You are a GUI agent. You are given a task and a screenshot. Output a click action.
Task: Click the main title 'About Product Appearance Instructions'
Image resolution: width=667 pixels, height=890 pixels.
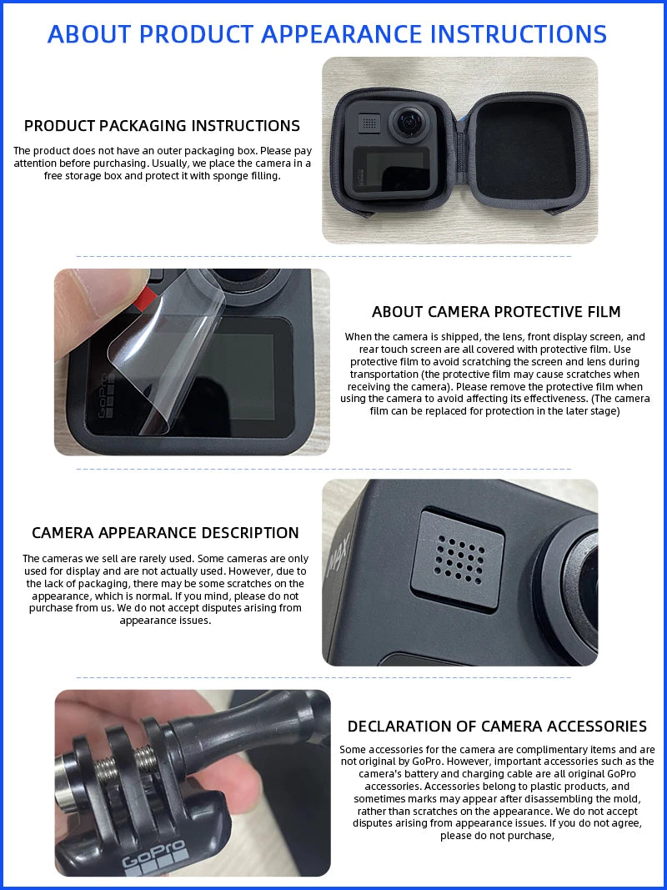click(327, 34)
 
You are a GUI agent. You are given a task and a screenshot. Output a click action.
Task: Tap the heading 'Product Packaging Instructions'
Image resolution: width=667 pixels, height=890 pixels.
click(162, 126)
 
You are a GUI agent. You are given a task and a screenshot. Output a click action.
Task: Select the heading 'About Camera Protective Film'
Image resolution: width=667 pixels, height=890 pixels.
click(496, 312)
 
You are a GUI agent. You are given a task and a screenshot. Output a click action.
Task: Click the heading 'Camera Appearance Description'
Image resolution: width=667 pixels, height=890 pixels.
click(165, 533)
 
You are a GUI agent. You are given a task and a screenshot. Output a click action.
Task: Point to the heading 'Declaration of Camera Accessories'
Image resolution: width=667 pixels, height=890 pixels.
click(497, 727)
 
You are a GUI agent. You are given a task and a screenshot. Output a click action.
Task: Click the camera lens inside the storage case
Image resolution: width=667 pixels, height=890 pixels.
click(409, 123)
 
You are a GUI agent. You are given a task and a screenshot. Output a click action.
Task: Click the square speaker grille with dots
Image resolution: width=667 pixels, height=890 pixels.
click(459, 558)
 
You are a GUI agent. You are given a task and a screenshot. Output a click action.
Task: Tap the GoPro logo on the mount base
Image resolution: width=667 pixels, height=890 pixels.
click(154, 862)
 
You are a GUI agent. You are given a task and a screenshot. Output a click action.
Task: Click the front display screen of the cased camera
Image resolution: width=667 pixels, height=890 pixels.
click(388, 173)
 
